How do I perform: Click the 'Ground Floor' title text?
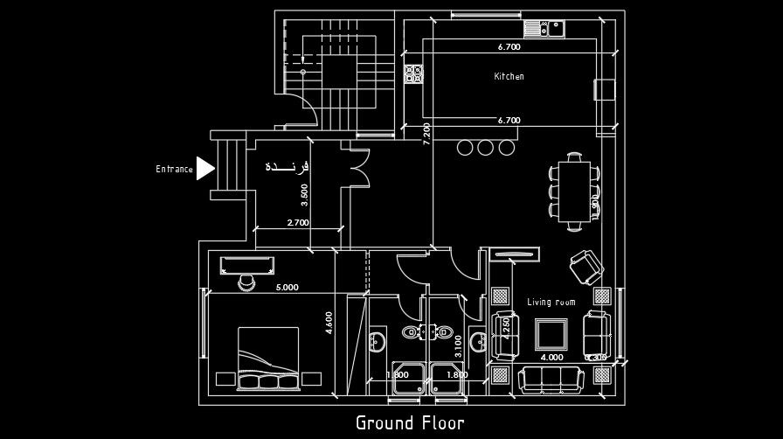pyautogui.click(x=409, y=423)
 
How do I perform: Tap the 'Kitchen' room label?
pyautogui.click(x=509, y=77)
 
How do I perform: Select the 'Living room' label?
pyautogui.click(x=551, y=303)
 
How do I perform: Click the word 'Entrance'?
pyautogui.click(x=174, y=170)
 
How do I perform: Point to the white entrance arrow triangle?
pyautogui.click(x=204, y=168)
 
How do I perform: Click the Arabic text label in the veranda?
pyautogui.click(x=288, y=165)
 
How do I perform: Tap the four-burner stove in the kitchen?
pyautogui.click(x=413, y=73)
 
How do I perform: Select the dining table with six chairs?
pyautogui.click(x=574, y=191)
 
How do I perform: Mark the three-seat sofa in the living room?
pyautogui.click(x=551, y=380)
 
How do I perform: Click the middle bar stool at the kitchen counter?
pyautogui.click(x=485, y=147)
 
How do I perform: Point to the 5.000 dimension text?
pyautogui.click(x=288, y=287)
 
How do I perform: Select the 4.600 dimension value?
pyautogui.click(x=329, y=324)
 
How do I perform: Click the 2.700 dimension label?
pyautogui.click(x=298, y=223)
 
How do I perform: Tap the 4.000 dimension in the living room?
pyautogui.click(x=551, y=357)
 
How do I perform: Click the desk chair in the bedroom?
pyautogui.click(x=246, y=282)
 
